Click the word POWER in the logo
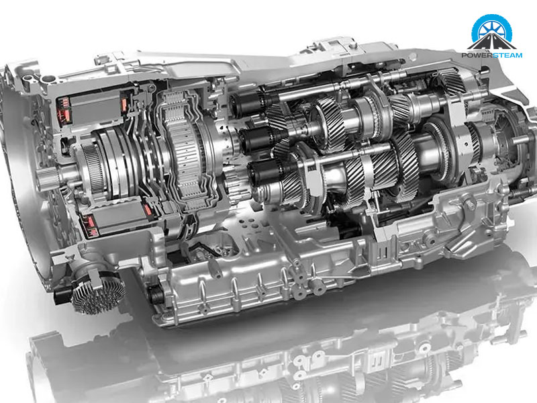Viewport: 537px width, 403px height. tap(476, 55)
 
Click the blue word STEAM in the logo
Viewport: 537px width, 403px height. tap(507, 55)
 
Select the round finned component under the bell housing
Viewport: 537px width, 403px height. tap(97, 292)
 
